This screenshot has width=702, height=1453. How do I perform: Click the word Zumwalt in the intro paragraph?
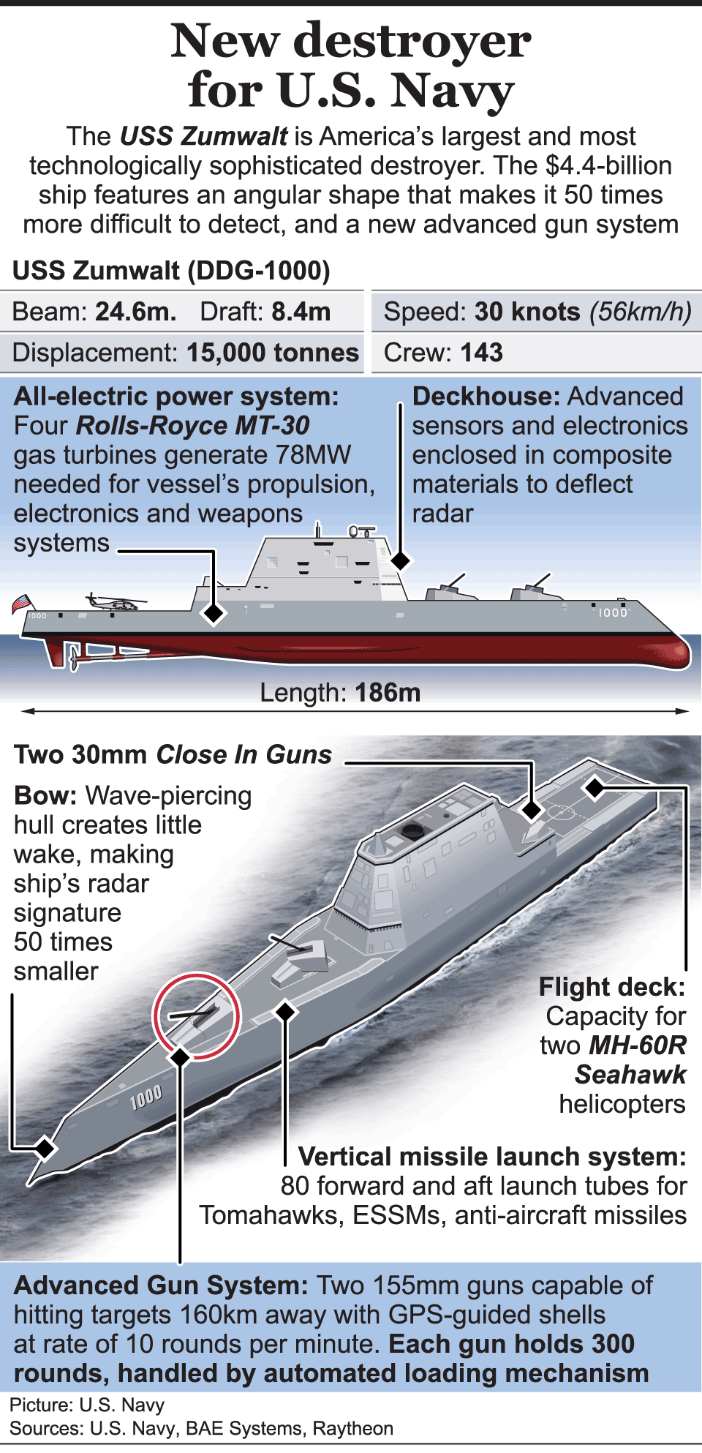[x=235, y=137]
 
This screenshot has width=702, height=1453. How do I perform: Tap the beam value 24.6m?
[x=136, y=312]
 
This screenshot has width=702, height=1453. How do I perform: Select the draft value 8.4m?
[x=301, y=312]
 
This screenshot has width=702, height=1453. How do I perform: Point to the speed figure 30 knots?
[x=526, y=312]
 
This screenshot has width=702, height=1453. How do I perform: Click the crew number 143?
[x=481, y=353]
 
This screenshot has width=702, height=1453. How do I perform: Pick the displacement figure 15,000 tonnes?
[x=273, y=353]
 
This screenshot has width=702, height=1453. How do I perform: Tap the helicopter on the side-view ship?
[x=113, y=603]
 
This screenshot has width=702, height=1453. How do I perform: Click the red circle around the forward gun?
[x=196, y=1015]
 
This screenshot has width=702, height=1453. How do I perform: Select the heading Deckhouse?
[x=486, y=397]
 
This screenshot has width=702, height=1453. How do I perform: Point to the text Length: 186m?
[x=340, y=692]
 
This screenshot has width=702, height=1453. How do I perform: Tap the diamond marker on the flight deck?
[x=595, y=788]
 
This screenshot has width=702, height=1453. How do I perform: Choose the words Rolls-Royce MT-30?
[x=193, y=426]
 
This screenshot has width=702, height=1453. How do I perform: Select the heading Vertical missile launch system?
[x=492, y=1157]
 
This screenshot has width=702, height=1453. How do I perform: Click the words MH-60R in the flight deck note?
[x=638, y=1045]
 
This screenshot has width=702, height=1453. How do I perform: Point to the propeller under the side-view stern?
[x=72, y=658]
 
